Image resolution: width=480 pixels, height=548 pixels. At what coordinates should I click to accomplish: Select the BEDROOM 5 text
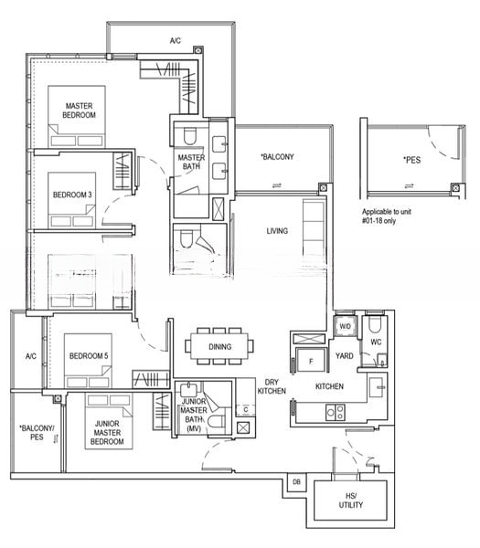89,355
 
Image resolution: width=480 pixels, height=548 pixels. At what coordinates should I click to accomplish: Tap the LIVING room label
277,231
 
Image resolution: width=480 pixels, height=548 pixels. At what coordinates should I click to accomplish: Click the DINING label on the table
219,347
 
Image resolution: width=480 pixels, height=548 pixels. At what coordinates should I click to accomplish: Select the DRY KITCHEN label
272,386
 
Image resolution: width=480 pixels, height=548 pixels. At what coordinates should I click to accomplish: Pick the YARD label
345,356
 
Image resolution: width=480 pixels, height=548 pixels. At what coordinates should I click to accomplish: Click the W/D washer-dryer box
345,326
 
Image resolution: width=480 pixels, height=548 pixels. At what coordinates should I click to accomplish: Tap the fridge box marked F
311,361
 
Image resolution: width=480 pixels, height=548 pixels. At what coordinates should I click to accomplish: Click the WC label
376,342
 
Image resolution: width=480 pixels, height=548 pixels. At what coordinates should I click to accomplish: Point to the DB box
296,482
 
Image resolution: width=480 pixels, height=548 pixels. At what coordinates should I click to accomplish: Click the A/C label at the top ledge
175,41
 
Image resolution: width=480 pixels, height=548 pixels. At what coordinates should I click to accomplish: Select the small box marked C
244,409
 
